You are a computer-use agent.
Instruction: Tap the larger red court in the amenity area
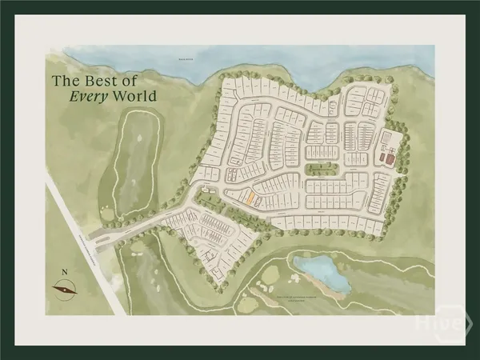coord(390,158)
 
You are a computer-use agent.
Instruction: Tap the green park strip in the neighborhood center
coord(321,169)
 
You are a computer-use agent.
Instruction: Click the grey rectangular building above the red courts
coord(390,138)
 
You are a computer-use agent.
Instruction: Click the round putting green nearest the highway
coord(106,213)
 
